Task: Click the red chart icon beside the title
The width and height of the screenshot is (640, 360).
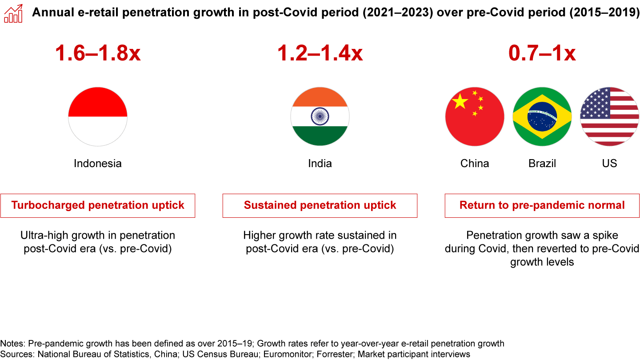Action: tap(13, 13)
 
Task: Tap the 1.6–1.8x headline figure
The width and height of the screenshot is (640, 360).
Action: tap(98, 53)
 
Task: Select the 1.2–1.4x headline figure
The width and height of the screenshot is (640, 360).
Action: tap(320, 53)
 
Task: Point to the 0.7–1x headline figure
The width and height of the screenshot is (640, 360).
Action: tap(542, 53)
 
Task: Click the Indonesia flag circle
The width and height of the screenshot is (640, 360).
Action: tap(98, 116)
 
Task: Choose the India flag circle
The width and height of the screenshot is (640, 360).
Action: tap(320, 116)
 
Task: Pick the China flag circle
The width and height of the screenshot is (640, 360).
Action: tap(475, 116)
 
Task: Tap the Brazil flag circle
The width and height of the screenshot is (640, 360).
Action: tap(542, 116)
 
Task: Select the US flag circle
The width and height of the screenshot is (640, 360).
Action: tap(609, 116)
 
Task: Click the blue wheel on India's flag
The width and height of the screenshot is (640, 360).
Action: tap(320, 116)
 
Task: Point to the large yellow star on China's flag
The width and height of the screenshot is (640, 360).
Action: tap(460, 102)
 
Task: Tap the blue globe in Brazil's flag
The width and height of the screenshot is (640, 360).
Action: tap(542, 116)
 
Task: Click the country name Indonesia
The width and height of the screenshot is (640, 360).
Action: tap(98, 164)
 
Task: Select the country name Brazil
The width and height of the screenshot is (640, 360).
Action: tap(542, 164)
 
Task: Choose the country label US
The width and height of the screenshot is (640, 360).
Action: tap(609, 164)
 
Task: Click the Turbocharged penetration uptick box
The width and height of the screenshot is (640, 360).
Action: tap(98, 205)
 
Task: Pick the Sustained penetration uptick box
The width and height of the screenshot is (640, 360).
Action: tap(320, 205)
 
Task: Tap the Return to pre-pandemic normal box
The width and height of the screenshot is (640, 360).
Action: tap(542, 205)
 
